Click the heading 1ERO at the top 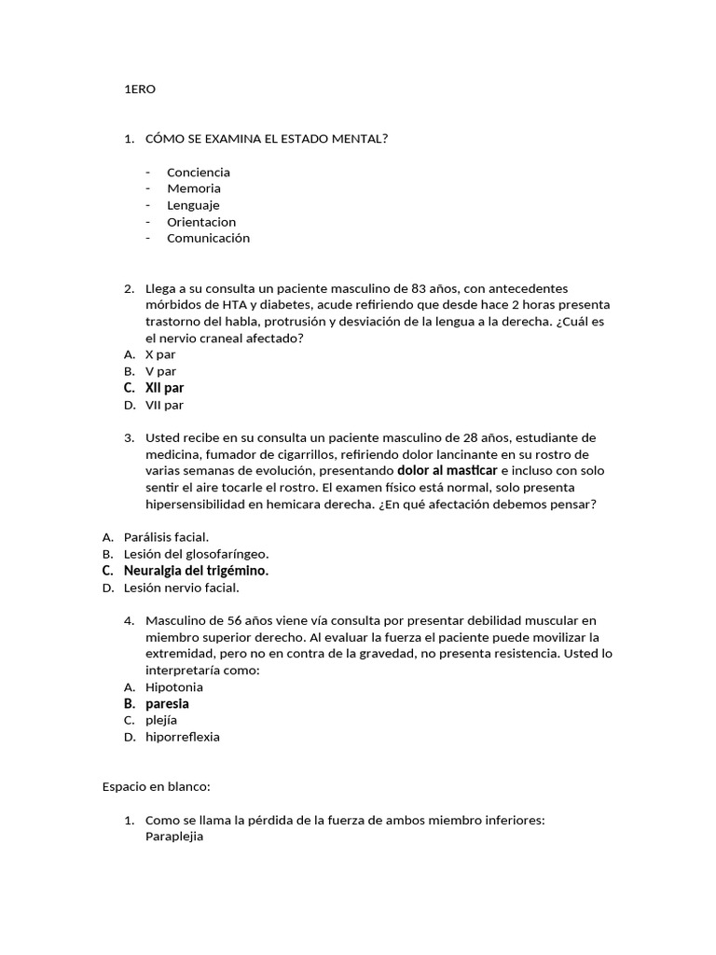pos(140,90)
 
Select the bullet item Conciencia pos(198,172)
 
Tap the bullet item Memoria pos(193,188)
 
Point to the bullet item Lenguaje pos(193,205)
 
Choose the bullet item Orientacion pos(200,222)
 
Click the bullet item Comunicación pos(208,238)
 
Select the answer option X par pos(160,354)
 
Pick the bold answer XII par pos(164,388)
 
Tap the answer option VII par pos(164,405)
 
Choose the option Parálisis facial pos(166,536)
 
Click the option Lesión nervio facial pos(181,588)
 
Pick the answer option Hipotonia pos(173,687)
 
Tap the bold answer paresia pos(167,704)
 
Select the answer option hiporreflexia pos(183,737)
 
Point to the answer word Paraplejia pos(174,837)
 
